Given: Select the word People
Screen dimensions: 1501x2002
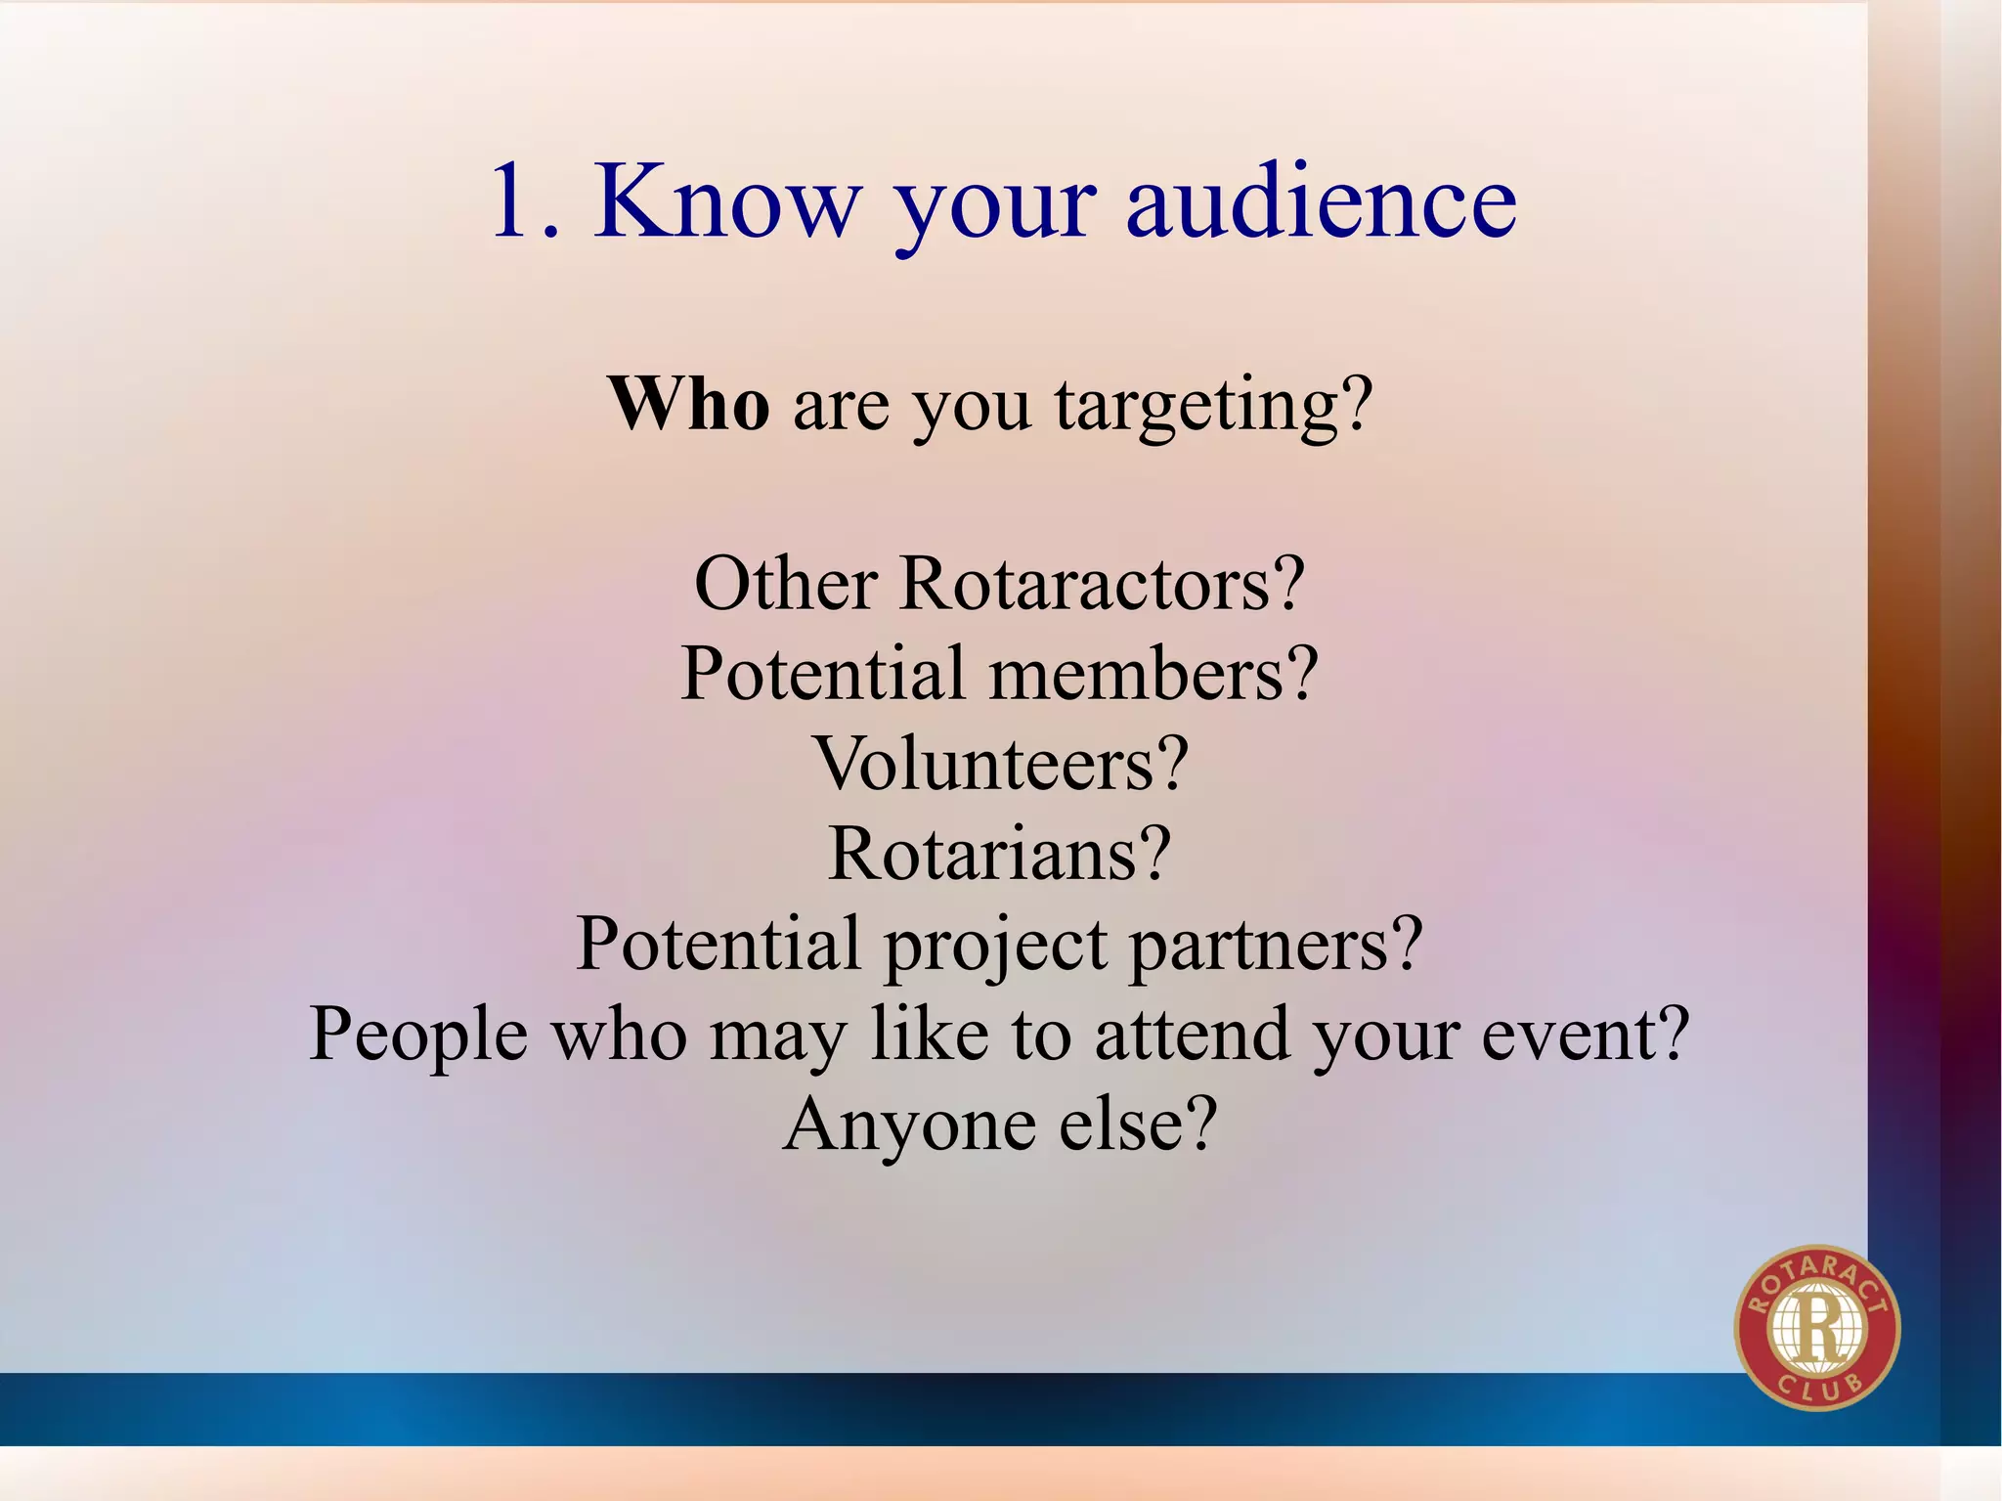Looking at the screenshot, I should point(418,1036).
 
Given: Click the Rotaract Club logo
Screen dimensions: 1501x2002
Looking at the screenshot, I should point(1816,1327).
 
